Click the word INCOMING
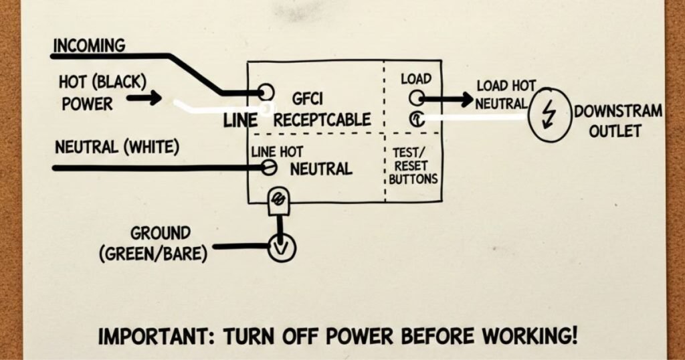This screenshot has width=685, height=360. point(89,46)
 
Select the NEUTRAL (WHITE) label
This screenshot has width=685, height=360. point(116,146)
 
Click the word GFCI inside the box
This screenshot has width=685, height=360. point(308,99)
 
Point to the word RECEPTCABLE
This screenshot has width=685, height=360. point(322,120)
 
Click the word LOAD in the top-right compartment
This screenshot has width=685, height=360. point(416,79)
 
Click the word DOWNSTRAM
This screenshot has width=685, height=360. point(618,112)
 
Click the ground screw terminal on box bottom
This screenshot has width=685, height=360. point(277,199)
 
